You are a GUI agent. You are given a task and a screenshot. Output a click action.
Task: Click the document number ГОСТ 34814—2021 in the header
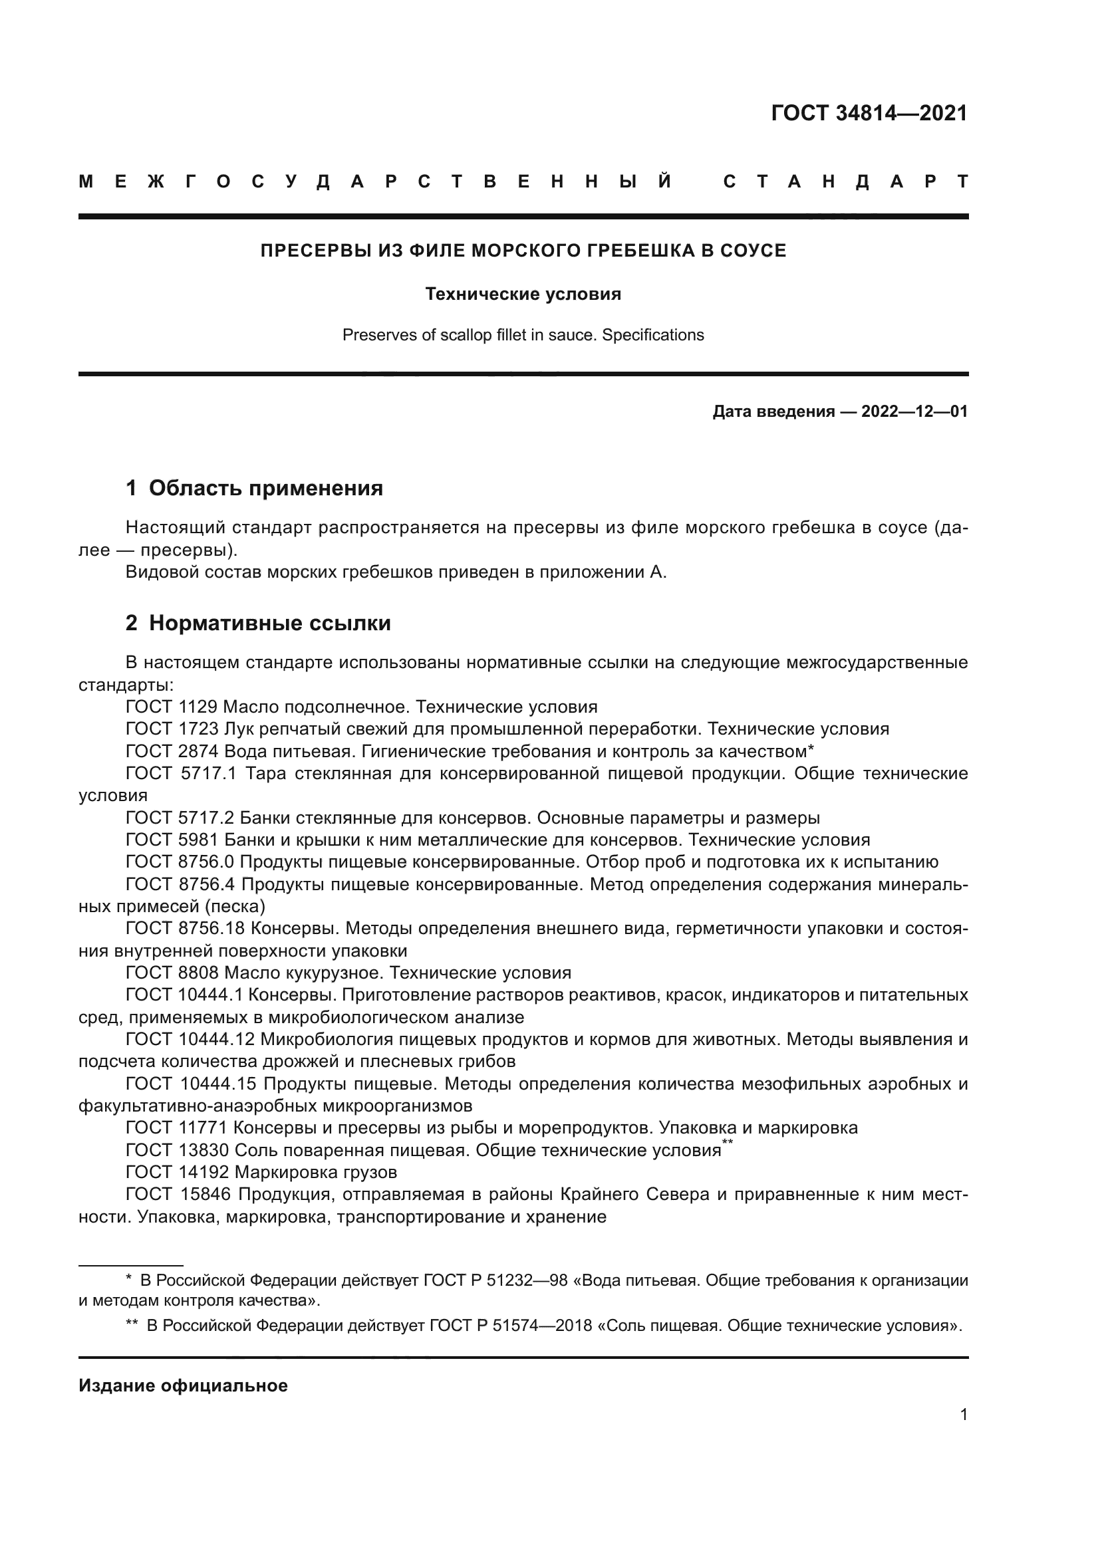(x=869, y=113)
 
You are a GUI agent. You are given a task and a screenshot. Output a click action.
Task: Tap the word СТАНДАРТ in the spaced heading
(x=845, y=181)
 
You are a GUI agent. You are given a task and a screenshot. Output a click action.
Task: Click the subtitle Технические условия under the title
(x=523, y=294)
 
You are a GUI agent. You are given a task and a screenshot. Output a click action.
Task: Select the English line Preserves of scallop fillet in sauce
(x=523, y=335)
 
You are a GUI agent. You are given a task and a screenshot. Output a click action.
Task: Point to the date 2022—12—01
(x=914, y=412)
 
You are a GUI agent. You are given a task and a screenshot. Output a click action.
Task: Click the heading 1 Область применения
(x=255, y=487)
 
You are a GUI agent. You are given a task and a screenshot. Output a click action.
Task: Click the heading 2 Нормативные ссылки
(x=258, y=622)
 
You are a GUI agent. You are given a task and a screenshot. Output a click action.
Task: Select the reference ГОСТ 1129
(x=172, y=707)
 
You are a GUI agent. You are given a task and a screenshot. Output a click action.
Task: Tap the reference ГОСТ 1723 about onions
(x=172, y=729)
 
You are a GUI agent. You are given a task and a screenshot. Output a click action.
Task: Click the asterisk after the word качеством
(x=810, y=749)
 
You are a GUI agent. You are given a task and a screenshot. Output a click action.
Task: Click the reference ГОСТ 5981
(x=172, y=840)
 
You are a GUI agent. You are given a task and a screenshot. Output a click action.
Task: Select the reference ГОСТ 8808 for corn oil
(x=172, y=973)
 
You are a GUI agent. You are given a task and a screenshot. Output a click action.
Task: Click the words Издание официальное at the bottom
(x=183, y=1385)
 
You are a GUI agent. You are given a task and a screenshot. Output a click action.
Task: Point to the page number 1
(x=963, y=1415)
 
